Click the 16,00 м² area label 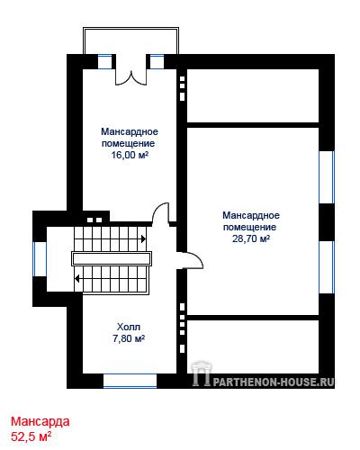(x=130, y=155)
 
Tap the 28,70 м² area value (x=251, y=238)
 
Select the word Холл (x=129, y=327)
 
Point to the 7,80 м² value (x=129, y=338)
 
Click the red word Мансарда (x=40, y=421)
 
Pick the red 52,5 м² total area (x=31, y=436)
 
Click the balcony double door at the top (x=131, y=77)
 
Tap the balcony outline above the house (x=131, y=28)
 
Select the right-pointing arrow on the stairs (x=143, y=238)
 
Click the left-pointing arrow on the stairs (x=77, y=279)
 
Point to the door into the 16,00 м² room (x=161, y=213)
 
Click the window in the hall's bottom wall (x=130, y=381)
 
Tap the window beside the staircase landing (x=40, y=259)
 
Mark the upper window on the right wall (x=327, y=177)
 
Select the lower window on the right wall (x=327, y=267)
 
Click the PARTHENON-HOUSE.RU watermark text (x=274, y=382)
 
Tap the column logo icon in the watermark (x=202, y=373)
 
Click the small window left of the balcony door (x=105, y=62)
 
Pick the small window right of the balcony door (x=157, y=62)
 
